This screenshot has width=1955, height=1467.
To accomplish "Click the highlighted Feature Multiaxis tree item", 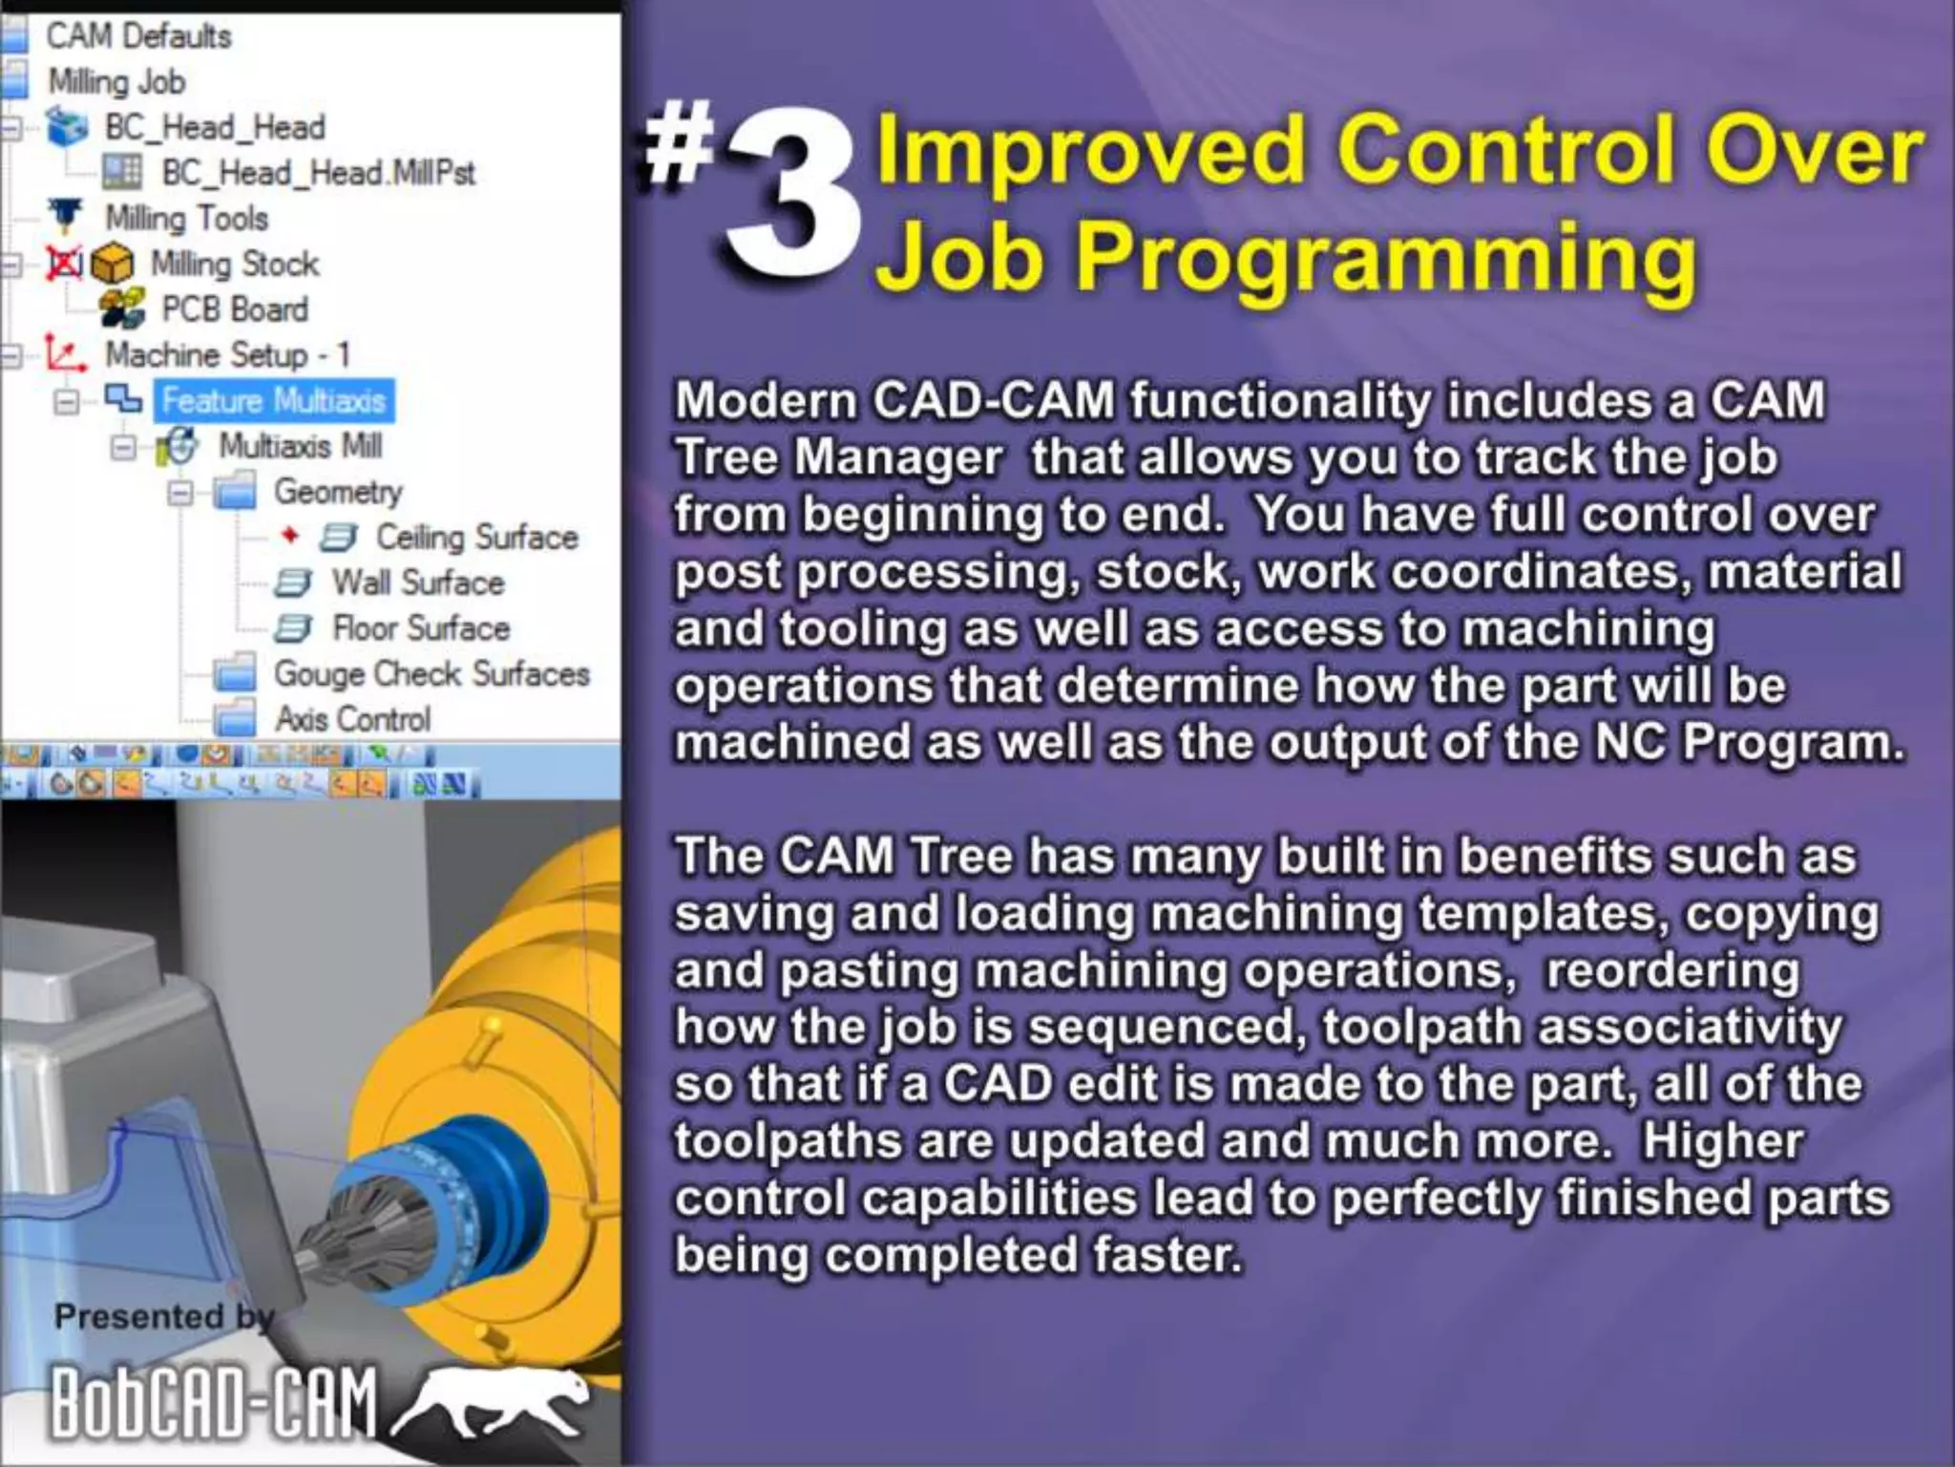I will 274,400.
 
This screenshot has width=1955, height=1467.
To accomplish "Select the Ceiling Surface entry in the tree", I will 476,537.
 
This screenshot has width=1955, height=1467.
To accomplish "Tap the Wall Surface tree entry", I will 417,583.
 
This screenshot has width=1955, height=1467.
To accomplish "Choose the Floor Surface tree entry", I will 421,628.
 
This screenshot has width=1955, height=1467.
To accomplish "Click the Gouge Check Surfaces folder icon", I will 235,673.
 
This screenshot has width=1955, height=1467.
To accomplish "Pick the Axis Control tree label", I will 353,719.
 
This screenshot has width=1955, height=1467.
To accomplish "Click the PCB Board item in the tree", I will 235,309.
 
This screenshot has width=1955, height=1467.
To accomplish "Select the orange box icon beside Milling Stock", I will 113,264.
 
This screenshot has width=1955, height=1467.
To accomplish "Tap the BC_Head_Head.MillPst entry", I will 318,173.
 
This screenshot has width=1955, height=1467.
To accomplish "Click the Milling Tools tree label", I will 186,218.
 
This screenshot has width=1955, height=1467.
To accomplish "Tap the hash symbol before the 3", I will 679,143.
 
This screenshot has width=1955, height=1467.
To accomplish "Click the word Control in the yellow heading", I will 1505,150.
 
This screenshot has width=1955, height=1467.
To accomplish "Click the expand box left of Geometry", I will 180,493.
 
